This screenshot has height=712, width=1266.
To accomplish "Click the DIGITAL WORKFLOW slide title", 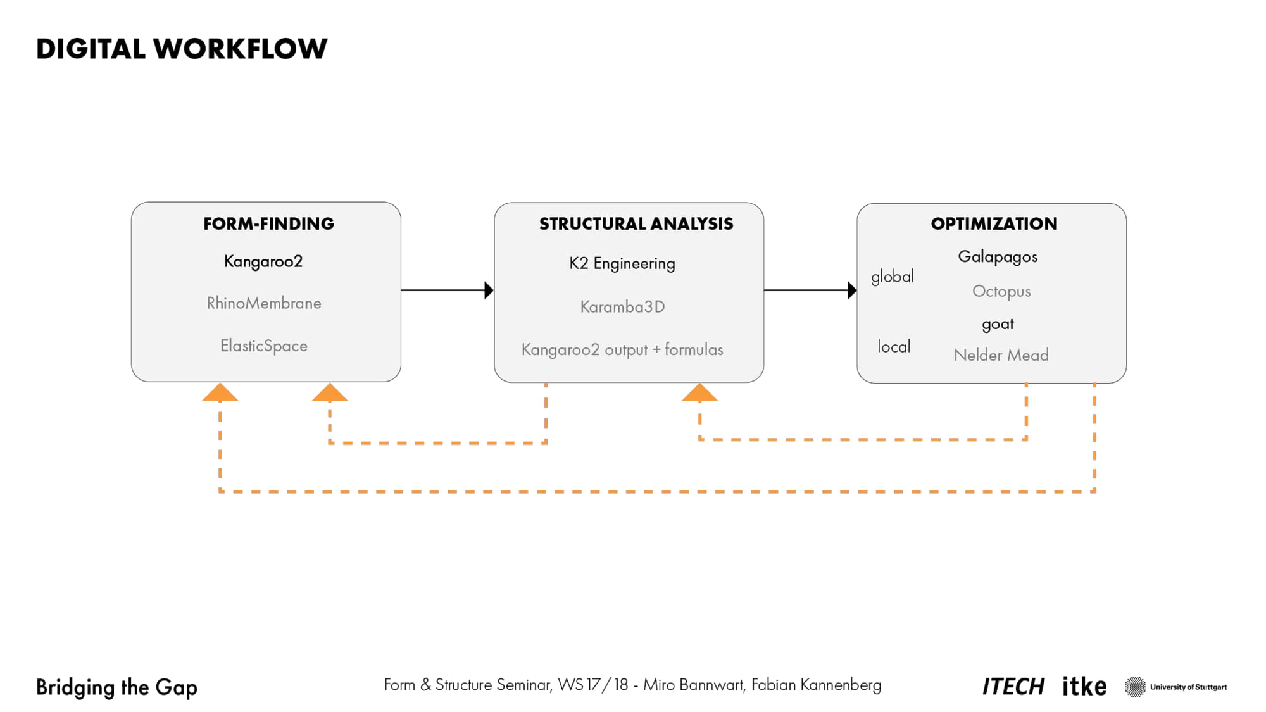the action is point(182,49).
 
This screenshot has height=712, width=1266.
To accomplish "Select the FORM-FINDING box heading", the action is point(268,224).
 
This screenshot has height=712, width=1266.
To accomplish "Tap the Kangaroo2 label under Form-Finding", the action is point(263,262).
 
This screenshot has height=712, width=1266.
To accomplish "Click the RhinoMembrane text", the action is point(264,303).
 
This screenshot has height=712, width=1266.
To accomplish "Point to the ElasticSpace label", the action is point(264,346).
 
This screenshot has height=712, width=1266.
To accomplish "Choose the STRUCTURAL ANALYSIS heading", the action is point(636,224).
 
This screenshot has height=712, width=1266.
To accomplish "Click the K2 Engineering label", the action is point(622,264).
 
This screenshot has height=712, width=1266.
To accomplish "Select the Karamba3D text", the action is point(623,307).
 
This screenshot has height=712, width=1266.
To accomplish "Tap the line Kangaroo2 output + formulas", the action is point(622,350).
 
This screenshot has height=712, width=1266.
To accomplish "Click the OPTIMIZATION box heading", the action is point(994,224).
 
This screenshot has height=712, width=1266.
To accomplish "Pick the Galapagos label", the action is point(998,257).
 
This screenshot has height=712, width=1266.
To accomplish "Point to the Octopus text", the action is point(1001,292).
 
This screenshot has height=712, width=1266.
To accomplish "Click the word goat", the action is point(998,325).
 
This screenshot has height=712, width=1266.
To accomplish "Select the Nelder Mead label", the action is point(1001,355).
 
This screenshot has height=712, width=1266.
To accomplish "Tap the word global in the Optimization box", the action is point(893,277).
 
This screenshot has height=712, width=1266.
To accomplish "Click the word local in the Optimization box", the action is point(894,346).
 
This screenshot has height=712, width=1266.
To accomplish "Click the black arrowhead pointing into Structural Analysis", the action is point(489,290).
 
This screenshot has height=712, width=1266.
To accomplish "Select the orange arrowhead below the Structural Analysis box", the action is point(699,393).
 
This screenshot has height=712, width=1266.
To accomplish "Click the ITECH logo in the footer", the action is point(1013,687).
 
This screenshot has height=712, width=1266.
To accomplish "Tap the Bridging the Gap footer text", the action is point(116,688).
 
